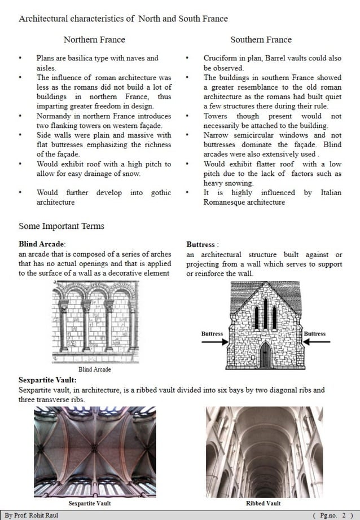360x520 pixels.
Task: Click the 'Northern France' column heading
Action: coord(94,39)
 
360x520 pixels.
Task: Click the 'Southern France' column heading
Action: coord(261,39)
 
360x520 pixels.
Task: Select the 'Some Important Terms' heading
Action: coord(61,226)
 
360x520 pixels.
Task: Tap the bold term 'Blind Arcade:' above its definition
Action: coord(42,244)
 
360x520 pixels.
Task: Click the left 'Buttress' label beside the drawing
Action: coord(212,334)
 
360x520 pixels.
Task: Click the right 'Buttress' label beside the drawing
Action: coord(314,334)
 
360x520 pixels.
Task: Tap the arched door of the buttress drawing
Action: coord(265,355)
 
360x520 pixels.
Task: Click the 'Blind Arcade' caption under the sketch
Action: coord(94,369)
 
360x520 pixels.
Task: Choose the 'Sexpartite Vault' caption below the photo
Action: coord(89,503)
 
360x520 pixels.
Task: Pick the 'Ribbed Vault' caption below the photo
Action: coord(263,503)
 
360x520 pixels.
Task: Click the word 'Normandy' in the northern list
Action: coord(53,116)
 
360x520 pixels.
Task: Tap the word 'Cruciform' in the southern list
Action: coord(221,58)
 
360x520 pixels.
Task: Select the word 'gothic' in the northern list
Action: coord(161,192)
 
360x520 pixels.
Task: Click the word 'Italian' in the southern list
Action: coord(331,192)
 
